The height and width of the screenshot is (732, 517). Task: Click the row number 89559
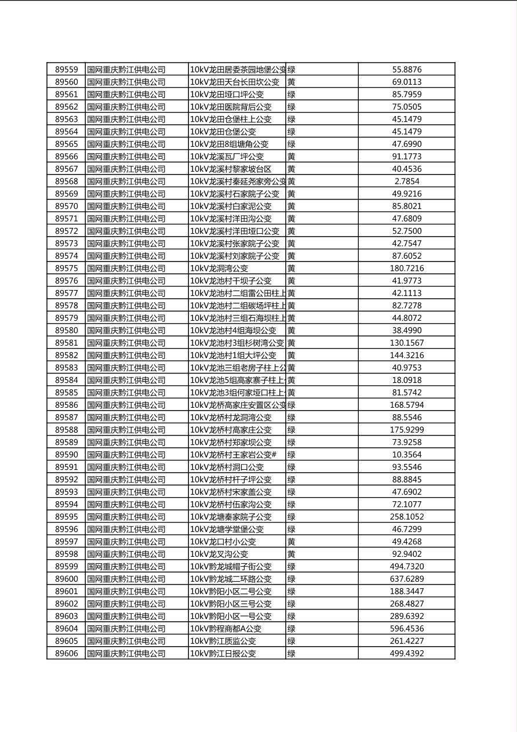click(66, 70)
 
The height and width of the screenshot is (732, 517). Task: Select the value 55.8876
click(406, 70)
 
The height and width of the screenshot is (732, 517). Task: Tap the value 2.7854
click(406, 182)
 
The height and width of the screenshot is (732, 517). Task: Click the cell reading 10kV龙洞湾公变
click(219, 269)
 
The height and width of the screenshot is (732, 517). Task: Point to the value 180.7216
click(406, 269)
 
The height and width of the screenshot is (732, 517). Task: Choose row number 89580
click(66, 331)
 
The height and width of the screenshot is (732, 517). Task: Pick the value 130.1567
click(406, 343)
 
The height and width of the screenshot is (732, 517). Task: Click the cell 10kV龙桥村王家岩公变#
click(233, 455)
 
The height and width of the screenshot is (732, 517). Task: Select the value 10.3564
click(406, 455)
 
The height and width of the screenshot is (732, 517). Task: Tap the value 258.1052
click(406, 517)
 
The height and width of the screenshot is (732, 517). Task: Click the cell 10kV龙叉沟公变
click(219, 554)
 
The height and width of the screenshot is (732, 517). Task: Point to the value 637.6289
click(406, 579)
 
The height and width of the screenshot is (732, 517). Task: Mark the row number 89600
click(66, 579)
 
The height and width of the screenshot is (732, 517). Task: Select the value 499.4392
click(406, 654)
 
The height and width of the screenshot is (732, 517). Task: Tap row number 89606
click(66, 654)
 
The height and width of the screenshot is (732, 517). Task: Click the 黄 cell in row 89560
click(292, 82)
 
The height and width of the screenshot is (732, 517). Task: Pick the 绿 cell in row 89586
click(292, 405)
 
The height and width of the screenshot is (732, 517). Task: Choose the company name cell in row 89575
click(126, 269)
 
